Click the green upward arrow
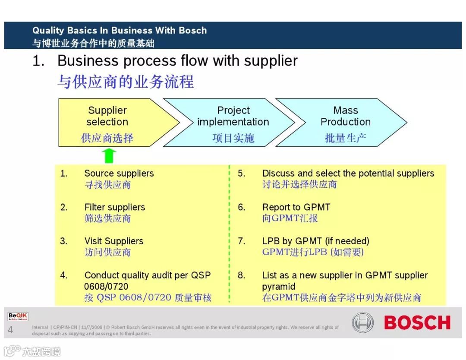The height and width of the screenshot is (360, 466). (110, 155)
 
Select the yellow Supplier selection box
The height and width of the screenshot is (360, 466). (112, 123)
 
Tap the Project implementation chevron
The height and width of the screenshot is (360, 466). (233, 123)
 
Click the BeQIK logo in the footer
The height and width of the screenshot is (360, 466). (18, 317)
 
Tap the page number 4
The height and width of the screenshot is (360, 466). (10, 331)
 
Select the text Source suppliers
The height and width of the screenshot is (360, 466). (119, 174)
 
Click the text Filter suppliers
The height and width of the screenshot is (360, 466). (115, 207)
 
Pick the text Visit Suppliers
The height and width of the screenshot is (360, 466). (114, 241)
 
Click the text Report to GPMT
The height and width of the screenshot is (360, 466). (296, 207)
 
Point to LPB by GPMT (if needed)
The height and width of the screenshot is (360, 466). (316, 241)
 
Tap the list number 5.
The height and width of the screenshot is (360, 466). (242, 174)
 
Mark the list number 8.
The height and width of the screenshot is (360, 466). (242, 275)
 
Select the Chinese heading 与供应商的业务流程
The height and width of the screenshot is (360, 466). (126, 81)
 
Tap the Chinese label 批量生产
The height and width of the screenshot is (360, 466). (345, 138)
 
